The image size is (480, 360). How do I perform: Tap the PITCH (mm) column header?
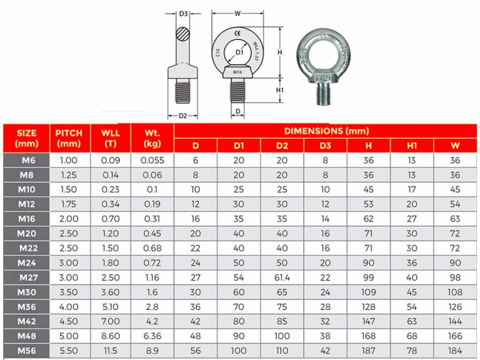[x=69, y=138]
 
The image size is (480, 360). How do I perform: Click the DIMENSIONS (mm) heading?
[x=326, y=131]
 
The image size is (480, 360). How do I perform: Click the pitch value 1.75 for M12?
[x=69, y=203]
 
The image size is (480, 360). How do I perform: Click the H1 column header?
[x=411, y=146]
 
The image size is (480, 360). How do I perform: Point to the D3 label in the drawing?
[x=183, y=13]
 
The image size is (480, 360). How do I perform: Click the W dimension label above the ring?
[x=237, y=12]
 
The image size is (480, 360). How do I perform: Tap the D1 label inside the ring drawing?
[x=239, y=54]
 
